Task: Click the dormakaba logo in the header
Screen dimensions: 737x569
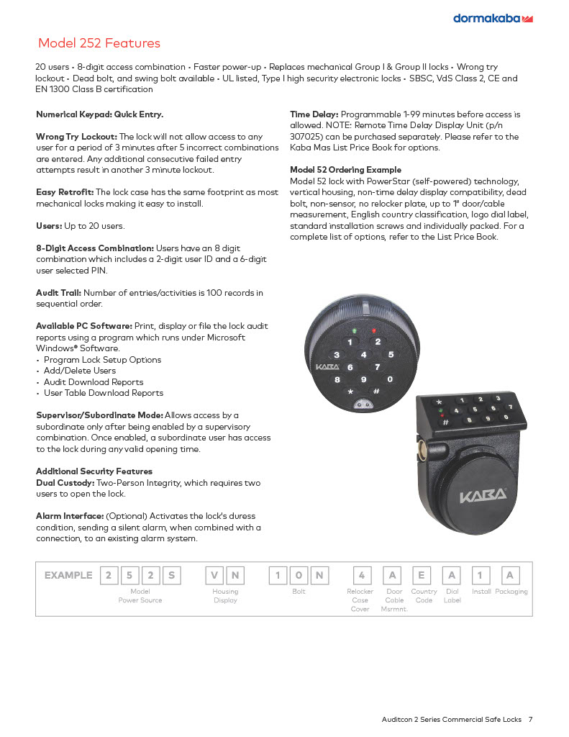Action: (x=492, y=18)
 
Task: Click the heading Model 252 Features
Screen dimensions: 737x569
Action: (x=99, y=43)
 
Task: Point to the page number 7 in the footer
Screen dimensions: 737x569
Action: (x=530, y=719)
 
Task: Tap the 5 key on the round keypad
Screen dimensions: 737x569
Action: (x=391, y=354)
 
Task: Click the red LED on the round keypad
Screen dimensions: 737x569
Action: (x=373, y=332)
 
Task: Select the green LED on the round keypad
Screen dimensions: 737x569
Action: (x=354, y=332)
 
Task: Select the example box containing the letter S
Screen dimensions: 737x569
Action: (x=171, y=575)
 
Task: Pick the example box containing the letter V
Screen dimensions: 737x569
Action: (x=214, y=575)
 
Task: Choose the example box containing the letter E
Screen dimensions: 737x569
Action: (x=422, y=575)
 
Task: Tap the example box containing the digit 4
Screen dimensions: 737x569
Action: (x=361, y=575)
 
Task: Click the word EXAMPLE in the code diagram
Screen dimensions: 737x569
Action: (x=68, y=575)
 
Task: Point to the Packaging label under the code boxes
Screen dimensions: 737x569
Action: (x=511, y=592)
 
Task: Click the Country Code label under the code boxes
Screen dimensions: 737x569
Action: (x=424, y=596)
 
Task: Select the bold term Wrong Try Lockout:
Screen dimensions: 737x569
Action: (x=76, y=137)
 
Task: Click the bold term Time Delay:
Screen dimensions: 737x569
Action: (x=314, y=114)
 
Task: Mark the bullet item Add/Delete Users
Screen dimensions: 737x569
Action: (x=80, y=371)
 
